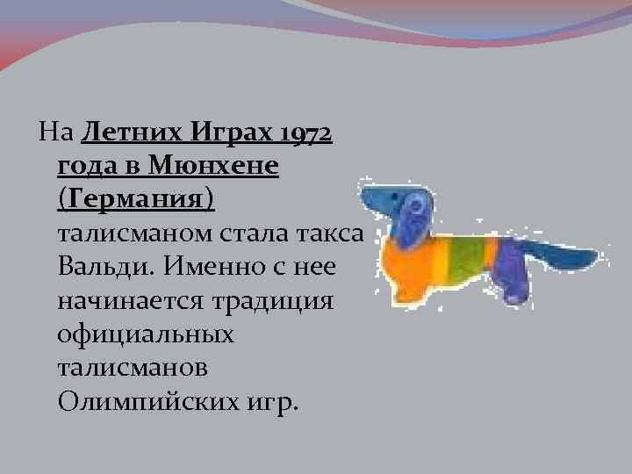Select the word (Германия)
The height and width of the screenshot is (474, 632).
pos(135,198)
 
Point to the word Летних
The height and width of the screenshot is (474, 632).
pos(132,134)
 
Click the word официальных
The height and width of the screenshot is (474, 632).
pos(146,334)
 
